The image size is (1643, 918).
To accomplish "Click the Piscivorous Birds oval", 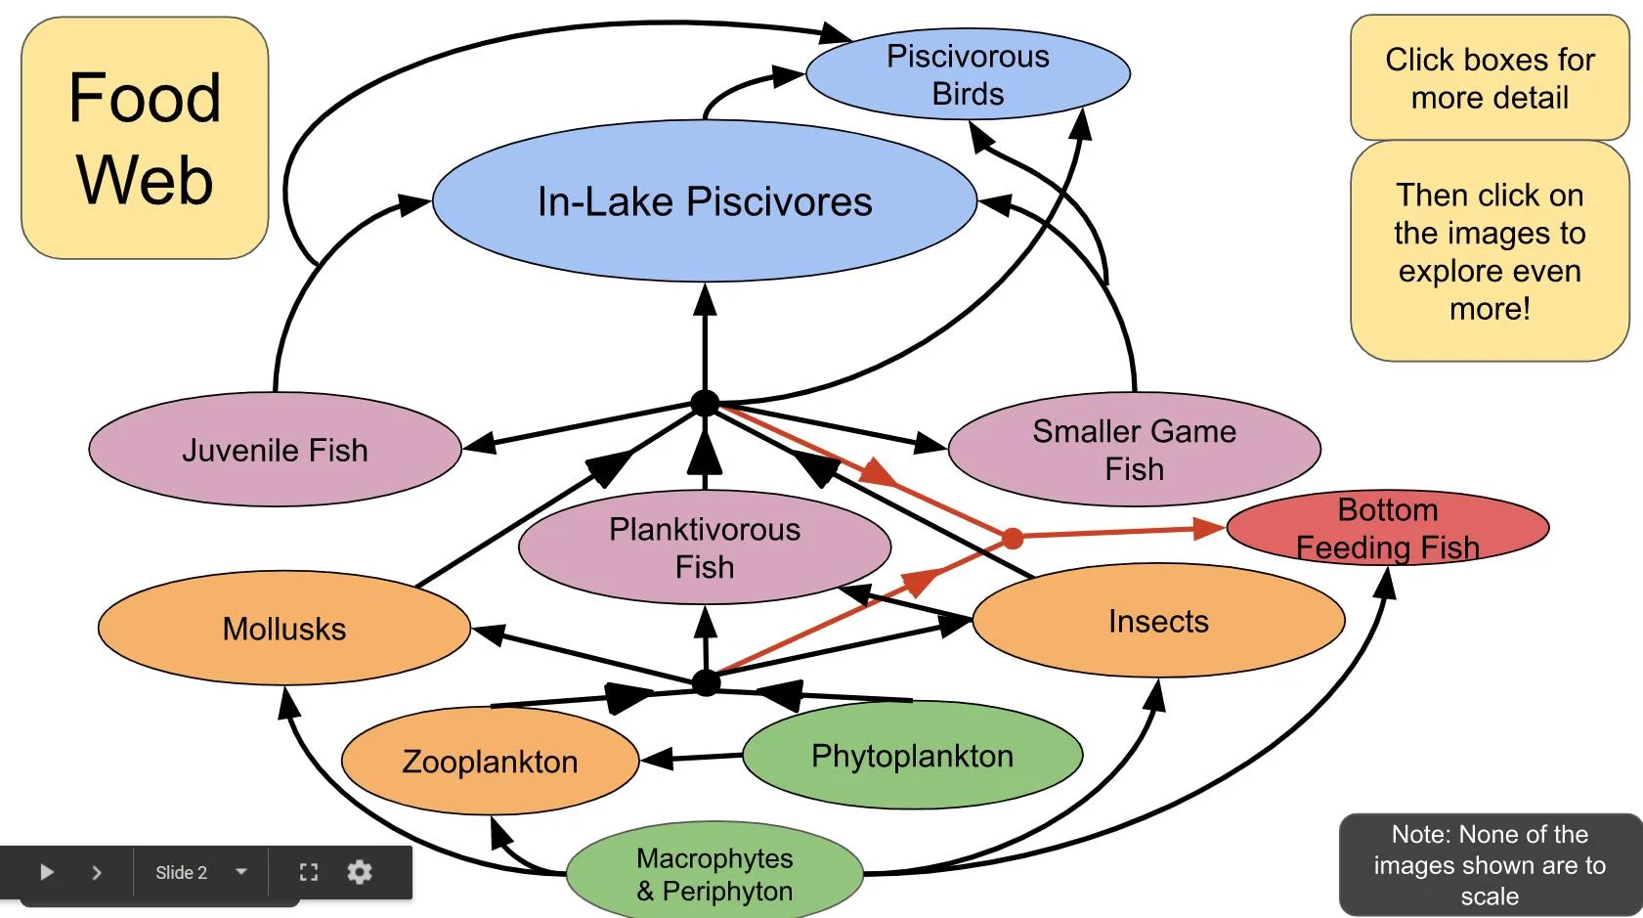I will click(x=968, y=74).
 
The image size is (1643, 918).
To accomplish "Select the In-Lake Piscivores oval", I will click(x=704, y=201).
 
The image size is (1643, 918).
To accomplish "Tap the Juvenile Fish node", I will click(x=275, y=450).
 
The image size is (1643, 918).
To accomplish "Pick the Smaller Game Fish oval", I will click(x=1134, y=450).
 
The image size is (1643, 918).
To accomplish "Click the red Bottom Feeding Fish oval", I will click(x=1387, y=529).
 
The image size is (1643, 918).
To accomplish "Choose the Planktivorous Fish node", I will click(x=704, y=547).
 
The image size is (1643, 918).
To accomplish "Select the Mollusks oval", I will click(x=284, y=629).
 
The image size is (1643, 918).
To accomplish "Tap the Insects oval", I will click(x=1158, y=621).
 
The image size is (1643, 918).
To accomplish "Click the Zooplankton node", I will click(x=490, y=762).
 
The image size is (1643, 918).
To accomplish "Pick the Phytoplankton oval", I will click(x=912, y=756).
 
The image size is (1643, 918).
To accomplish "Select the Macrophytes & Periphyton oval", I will click(x=714, y=874).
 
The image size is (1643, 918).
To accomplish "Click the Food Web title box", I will click(x=145, y=138).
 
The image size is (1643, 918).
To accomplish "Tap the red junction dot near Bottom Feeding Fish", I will click(x=1013, y=538).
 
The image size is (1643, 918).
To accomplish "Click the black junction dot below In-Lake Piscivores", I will click(x=705, y=403).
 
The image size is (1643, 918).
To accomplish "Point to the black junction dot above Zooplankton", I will click(x=706, y=682).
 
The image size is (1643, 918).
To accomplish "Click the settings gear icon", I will click(x=360, y=872).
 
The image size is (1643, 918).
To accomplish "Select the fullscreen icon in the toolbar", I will click(x=309, y=872).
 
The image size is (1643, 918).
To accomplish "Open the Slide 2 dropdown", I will click(x=200, y=872).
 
